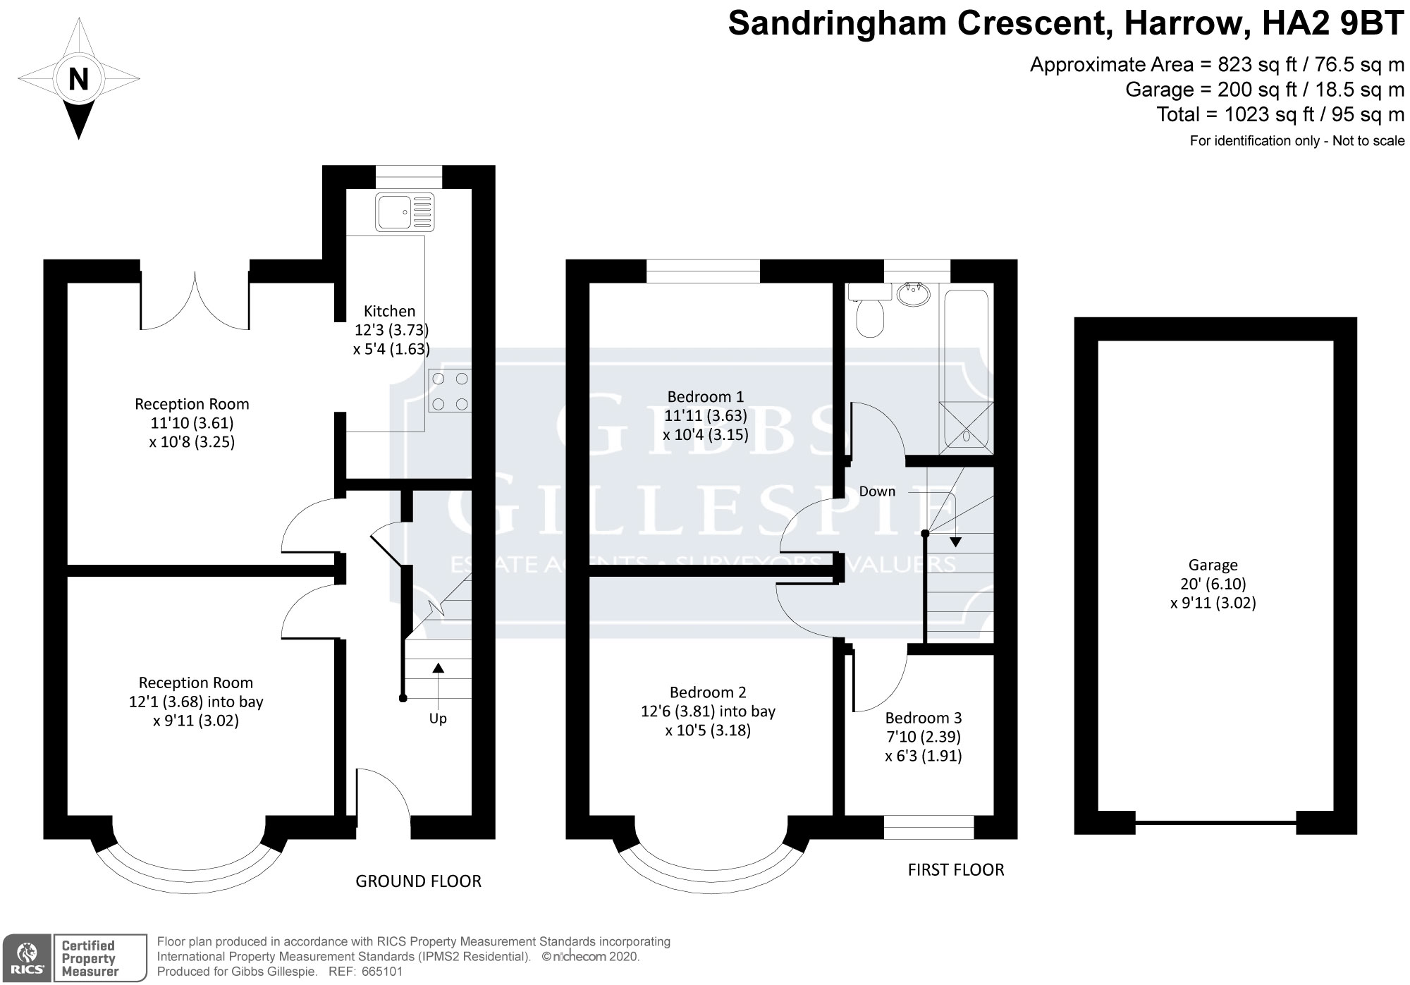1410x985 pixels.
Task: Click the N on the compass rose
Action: (x=78, y=79)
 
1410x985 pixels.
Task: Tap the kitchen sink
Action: (x=403, y=212)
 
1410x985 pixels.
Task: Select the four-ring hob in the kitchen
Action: (x=450, y=391)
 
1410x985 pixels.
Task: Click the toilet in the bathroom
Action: (x=866, y=310)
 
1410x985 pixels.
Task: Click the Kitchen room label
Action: (x=390, y=311)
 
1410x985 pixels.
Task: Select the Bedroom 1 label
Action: (x=705, y=396)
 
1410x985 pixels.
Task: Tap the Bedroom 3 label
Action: (x=924, y=718)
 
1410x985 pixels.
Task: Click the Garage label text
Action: (x=1213, y=565)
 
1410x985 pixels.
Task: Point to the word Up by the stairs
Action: (x=438, y=719)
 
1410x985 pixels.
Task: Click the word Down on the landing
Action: (x=877, y=491)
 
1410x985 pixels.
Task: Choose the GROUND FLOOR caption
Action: (x=418, y=881)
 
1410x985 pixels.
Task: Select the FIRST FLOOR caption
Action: (x=956, y=870)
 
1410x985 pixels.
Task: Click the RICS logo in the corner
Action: (x=27, y=958)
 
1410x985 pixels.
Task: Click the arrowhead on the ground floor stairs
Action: (x=438, y=669)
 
